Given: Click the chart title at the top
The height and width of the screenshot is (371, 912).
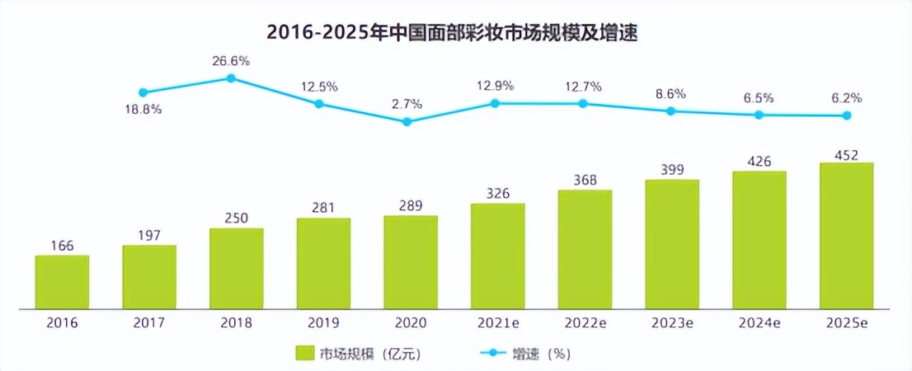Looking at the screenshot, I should tap(454, 33).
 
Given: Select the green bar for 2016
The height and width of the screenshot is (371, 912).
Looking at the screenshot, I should tap(62, 281).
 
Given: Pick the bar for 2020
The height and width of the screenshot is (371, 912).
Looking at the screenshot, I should tap(411, 261).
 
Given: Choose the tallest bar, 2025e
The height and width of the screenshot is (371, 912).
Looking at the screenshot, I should tap(846, 235).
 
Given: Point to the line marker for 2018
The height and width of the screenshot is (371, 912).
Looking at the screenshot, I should tap(232, 78).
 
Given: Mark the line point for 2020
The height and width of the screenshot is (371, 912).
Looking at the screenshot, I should tap(407, 121).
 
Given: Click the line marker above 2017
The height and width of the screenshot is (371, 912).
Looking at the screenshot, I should tap(143, 92).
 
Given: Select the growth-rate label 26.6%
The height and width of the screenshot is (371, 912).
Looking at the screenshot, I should tap(231, 61).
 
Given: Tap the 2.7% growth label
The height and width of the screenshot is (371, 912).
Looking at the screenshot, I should tap(407, 104).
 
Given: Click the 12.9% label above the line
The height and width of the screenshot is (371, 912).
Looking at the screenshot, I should tap(495, 85).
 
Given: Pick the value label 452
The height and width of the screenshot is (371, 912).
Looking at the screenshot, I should tap(845, 155).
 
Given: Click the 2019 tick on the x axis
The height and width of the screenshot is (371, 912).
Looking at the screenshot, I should tap(323, 324).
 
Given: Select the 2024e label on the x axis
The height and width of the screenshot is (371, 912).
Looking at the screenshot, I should tap(759, 324).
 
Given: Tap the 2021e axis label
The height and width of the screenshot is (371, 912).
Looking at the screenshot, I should tap(498, 324).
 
